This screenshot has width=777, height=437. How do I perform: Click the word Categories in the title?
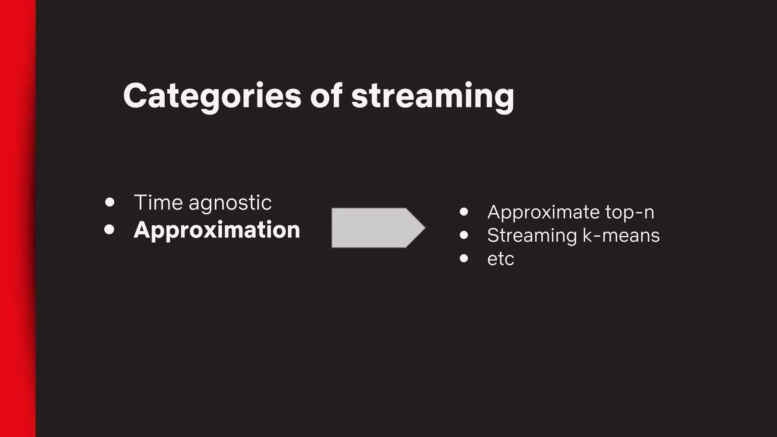(x=212, y=96)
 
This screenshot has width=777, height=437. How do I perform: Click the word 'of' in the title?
(x=326, y=96)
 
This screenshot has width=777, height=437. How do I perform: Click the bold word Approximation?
(x=217, y=230)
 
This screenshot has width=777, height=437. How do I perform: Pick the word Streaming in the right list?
(x=532, y=236)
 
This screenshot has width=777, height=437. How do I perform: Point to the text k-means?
(x=621, y=235)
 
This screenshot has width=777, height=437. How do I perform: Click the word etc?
(x=500, y=259)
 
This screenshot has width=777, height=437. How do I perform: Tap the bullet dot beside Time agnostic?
(x=110, y=202)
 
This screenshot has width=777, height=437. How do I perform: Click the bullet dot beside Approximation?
(x=109, y=230)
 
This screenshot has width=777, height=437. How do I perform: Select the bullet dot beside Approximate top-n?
(x=464, y=212)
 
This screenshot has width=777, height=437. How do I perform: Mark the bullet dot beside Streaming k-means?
(x=464, y=235)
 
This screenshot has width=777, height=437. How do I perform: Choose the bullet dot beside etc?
(x=464, y=258)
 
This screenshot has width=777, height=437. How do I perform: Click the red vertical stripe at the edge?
(x=17, y=218)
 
